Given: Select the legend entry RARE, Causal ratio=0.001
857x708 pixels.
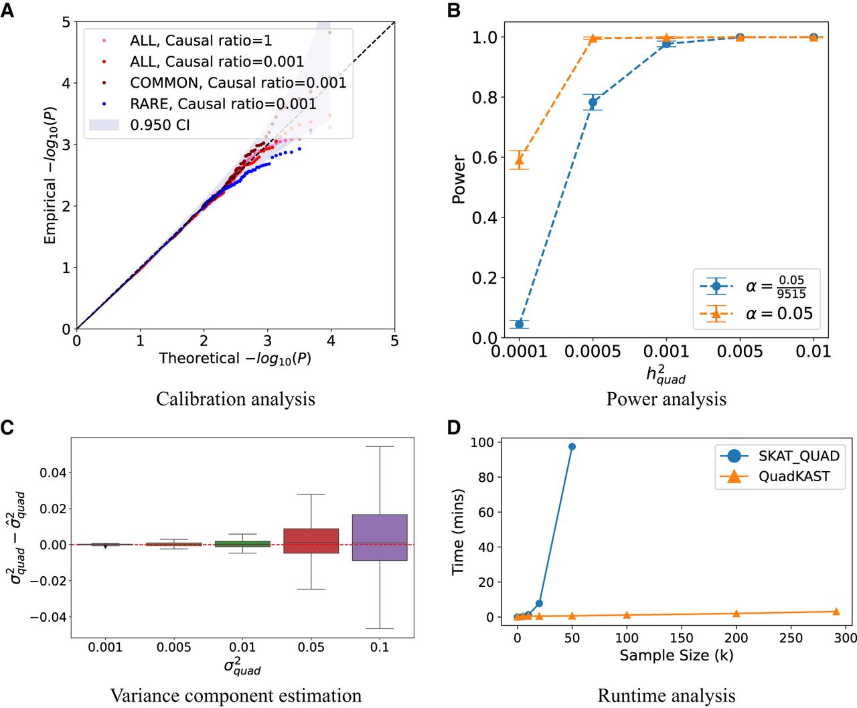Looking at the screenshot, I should click(223, 104).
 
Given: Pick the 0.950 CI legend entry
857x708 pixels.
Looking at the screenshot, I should click(160, 125).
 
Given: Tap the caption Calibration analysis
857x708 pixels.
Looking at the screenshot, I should click(236, 399).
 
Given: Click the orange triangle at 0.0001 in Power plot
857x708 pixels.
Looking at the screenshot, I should click(519, 160).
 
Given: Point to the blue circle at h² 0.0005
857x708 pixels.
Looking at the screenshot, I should click(593, 102).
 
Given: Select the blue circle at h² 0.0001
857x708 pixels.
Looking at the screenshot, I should click(519, 324).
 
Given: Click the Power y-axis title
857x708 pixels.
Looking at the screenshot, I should click(459, 179).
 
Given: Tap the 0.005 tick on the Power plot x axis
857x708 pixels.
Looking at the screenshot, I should click(740, 351).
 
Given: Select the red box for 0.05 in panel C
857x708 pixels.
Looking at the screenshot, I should click(311, 541).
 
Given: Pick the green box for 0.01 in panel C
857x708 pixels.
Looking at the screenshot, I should click(242, 544).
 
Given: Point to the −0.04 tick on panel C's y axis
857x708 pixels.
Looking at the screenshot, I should click(48, 617).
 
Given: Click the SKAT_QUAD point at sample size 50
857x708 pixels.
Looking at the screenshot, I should click(572, 446).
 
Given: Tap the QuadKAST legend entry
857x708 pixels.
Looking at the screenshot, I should click(793, 476).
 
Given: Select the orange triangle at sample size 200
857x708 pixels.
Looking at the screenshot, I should click(736, 614).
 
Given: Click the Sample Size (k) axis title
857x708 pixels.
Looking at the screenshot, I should click(676, 655).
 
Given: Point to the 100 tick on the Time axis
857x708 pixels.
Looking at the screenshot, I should click(482, 442).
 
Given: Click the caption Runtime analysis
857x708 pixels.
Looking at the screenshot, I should click(666, 696).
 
